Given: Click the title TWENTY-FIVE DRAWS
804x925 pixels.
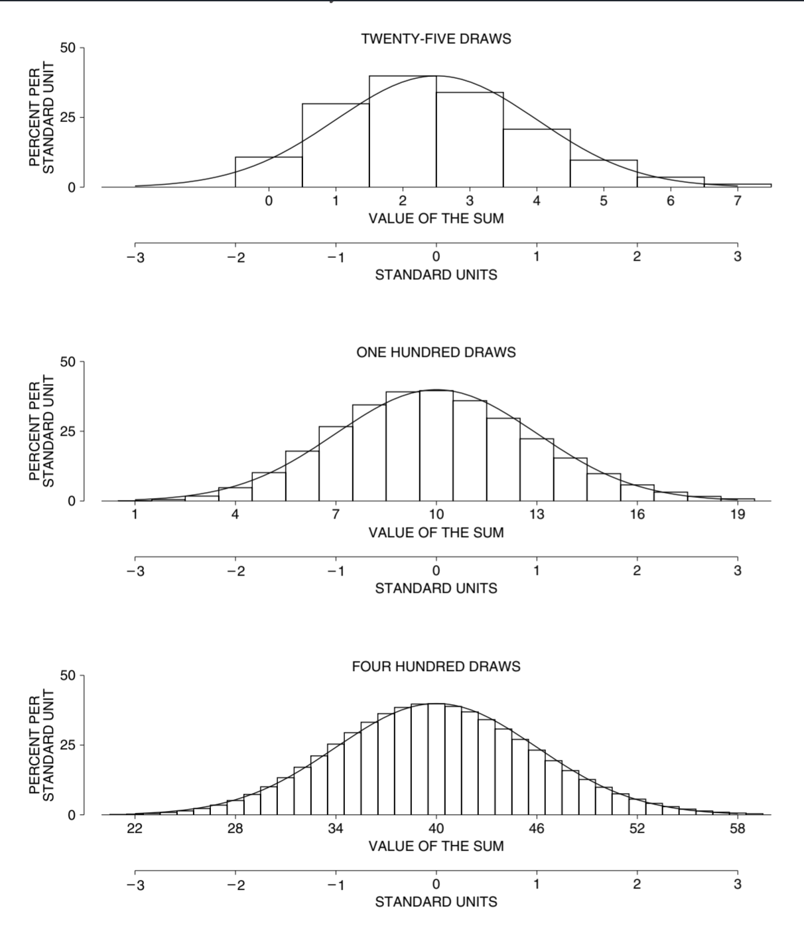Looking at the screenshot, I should pos(436,39).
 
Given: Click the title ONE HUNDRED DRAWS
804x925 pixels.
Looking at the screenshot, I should pos(436,353).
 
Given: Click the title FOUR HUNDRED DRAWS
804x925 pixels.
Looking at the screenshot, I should pos(436,666).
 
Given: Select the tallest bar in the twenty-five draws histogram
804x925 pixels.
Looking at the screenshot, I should pos(403,133).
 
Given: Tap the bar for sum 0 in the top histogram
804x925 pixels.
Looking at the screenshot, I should pos(269,172).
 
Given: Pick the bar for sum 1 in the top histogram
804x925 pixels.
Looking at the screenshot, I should pos(336,146).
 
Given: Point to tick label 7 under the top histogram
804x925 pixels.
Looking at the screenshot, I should pos(737,201).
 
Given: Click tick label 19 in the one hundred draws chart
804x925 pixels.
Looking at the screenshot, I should pos(737,515).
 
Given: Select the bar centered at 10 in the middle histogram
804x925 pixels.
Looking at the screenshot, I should pos(436,448).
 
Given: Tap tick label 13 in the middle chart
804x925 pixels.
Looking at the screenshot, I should pos(537,515).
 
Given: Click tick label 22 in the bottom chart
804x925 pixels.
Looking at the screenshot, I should pos(135,828).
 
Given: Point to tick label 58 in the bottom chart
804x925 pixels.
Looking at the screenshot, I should pos(737,828).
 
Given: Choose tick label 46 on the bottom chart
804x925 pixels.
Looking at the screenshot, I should pos(537,828).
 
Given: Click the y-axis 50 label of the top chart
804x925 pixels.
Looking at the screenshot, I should pos(68,48).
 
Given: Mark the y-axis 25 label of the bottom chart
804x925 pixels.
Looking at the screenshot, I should pos(68,745).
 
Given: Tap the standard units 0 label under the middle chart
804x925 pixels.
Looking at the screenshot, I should pos(436,571).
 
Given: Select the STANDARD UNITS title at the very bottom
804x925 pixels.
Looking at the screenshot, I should pos(436,902).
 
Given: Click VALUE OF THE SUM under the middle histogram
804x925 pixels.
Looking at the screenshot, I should pos(436,532).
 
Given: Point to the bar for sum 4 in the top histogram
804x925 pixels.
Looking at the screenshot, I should pos(537,159).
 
